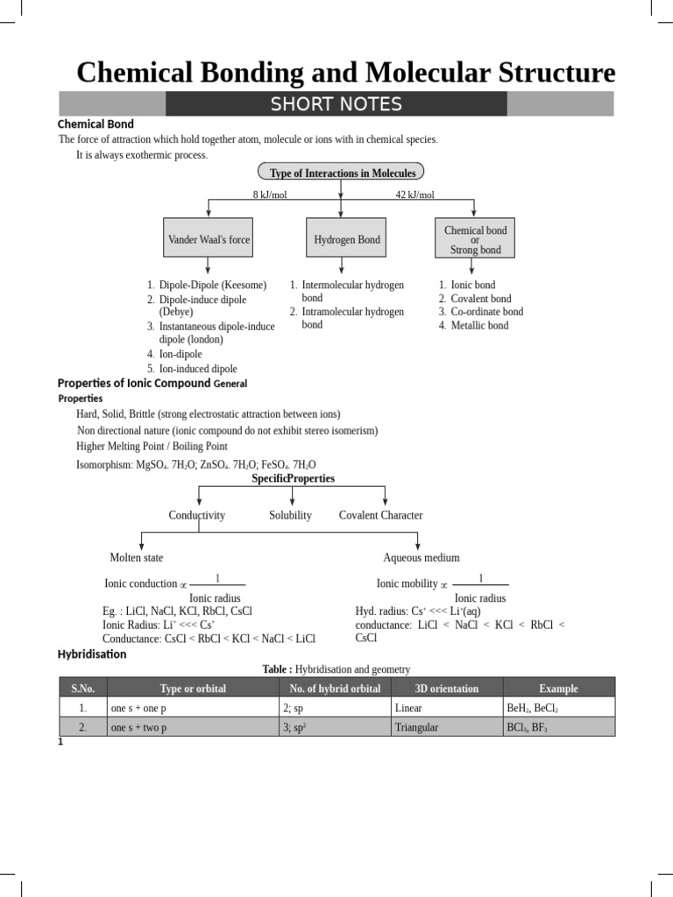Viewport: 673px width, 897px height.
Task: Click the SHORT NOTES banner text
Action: [x=336, y=105]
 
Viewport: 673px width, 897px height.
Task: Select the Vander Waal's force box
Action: [x=209, y=239]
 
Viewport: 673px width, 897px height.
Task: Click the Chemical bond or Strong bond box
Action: [x=475, y=239]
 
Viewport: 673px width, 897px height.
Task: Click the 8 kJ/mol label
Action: [x=270, y=194]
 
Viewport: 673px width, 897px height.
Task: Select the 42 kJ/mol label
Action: [x=414, y=194]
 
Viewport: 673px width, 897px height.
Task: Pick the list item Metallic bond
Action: [x=479, y=326]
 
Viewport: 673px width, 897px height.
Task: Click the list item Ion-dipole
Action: [x=181, y=354]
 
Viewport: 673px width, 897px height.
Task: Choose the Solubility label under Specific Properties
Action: [x=290, y=515]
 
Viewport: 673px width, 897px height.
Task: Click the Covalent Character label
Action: [x=380, y=515]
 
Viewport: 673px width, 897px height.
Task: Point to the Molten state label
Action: [x=136, y=557]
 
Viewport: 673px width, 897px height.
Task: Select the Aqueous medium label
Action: [x=421, y=557]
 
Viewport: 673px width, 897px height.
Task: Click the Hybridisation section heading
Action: [x=92, y=653]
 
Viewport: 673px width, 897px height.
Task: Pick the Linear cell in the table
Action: [x=408, y=707]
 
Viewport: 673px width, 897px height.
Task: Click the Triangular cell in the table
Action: [x=416, y=727]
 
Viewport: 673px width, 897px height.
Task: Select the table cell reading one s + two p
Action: [x=138, y=727]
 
